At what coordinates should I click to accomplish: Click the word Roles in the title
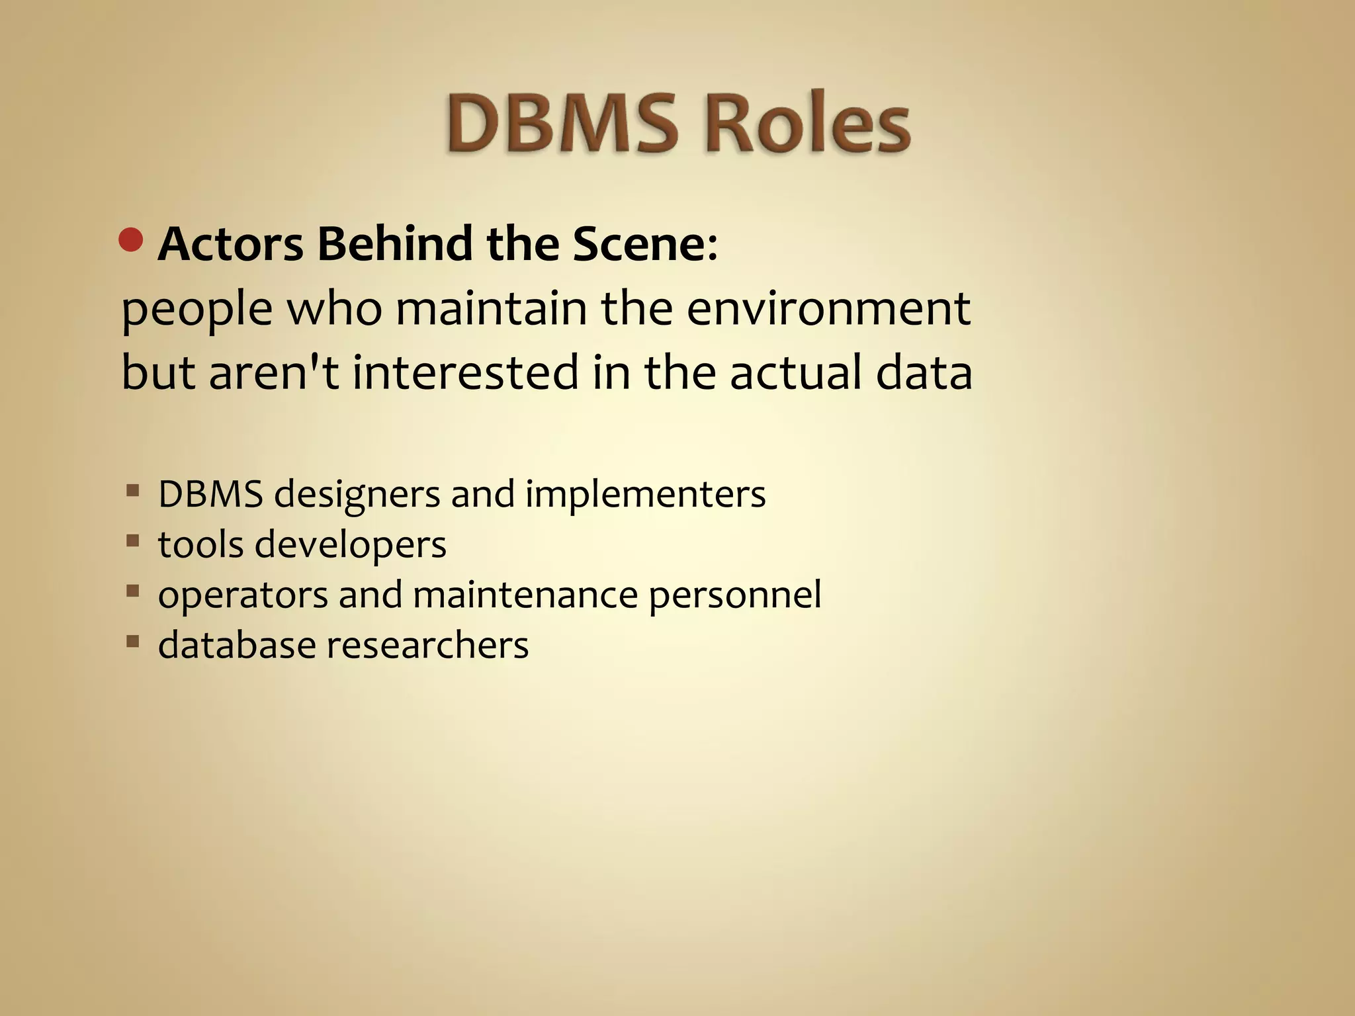[807, 124]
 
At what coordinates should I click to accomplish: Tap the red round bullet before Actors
[132, 240]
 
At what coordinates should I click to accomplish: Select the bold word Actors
[231, 244]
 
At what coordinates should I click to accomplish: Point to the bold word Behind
[395, 244]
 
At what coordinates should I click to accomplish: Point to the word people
[197, 310]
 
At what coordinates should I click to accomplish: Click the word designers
[357, 495]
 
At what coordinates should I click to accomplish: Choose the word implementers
[645, 495]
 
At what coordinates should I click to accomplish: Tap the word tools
[200, 544]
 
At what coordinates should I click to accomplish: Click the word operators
[243, 595]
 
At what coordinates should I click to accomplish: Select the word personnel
[735, 595]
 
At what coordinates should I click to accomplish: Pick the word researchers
[427, 645]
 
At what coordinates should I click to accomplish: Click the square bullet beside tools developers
[133, 542]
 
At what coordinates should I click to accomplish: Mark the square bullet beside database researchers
[133, 642]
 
